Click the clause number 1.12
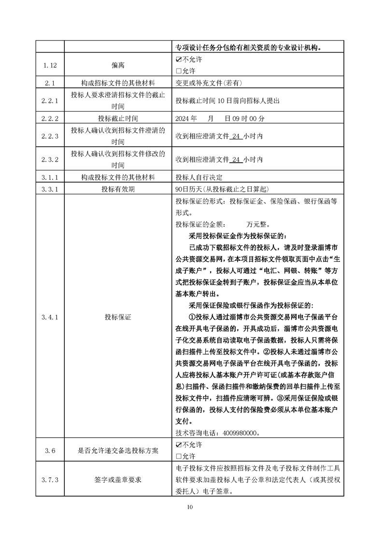[x=50, y=65]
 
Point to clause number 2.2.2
[x=50, y=118]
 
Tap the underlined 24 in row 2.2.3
[x=236, y=137]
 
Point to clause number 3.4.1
[x=50, y=317]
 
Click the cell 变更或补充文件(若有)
[x=209, y=83]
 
